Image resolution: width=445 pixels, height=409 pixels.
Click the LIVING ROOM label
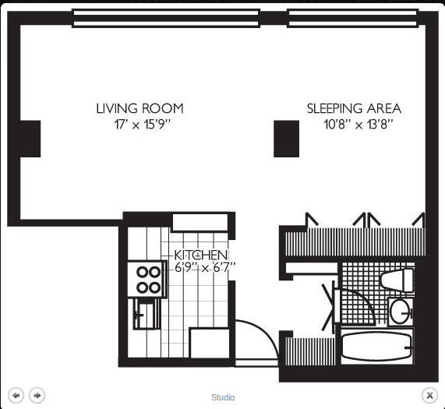click(140, 108)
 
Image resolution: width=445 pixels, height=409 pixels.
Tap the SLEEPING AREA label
click(354, 108)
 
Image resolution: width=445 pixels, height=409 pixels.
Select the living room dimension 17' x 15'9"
click(143, 124)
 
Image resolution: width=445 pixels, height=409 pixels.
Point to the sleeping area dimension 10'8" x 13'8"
click(358, 124)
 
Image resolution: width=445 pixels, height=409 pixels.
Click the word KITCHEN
click(200, 256)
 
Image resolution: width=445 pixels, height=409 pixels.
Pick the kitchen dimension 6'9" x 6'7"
click(205, 267)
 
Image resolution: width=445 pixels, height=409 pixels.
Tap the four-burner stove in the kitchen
click(147, 280)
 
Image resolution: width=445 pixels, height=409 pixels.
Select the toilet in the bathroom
click(397, 280)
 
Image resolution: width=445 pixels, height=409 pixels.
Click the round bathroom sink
click(401, 311)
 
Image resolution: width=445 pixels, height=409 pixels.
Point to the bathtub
click(376, 347)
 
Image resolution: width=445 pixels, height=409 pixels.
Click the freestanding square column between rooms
click(286, 139)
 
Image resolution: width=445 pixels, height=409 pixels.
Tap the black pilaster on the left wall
click(30, 139)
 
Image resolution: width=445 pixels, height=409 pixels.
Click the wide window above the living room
click(166, 18)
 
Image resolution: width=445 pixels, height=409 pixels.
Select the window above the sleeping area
click(353, 18)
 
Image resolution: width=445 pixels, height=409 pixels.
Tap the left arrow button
click(16, 395)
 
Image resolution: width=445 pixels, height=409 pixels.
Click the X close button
click(429, 395)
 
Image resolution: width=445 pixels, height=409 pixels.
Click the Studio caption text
click(223, 397)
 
